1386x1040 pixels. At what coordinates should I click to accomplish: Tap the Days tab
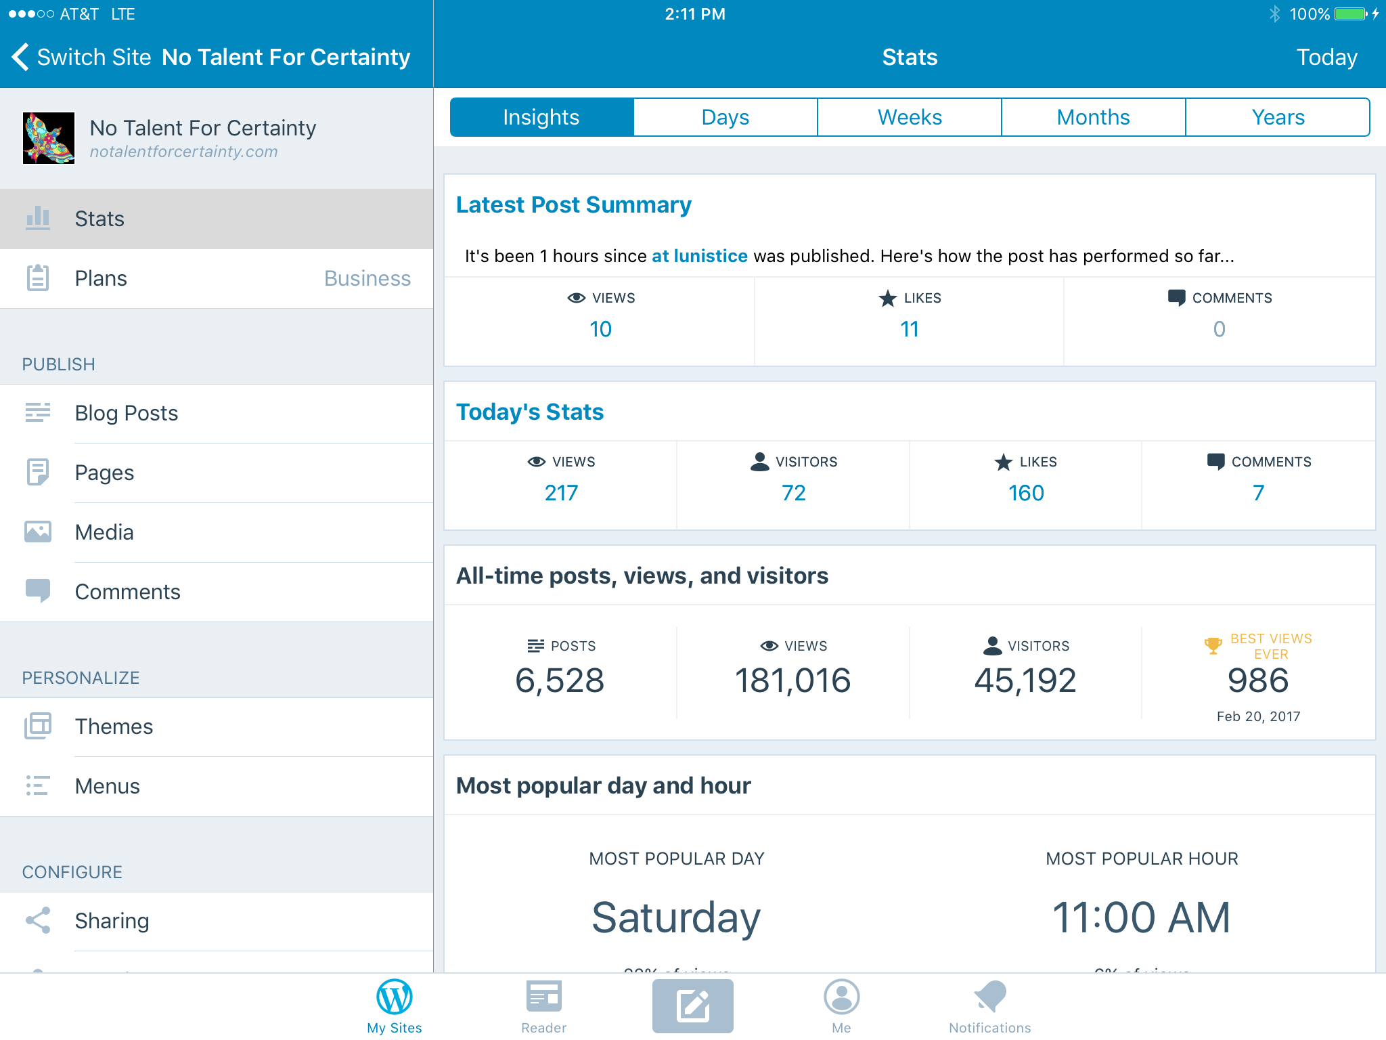pos(725,117)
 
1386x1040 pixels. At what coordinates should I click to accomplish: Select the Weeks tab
pos(910,117)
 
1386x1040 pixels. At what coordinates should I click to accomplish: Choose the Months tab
pos(1094,117)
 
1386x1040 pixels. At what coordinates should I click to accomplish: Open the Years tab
pos(1278,117)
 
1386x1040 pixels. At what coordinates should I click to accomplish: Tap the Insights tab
pos(541,117)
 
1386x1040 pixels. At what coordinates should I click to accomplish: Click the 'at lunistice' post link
pos(700,256)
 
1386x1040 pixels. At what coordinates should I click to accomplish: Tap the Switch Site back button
pos(81,57)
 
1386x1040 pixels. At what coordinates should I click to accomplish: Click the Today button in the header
pos(1326,57)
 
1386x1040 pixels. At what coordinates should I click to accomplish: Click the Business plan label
pos(367,278)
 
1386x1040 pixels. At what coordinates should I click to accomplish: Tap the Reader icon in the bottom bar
pos(544,996)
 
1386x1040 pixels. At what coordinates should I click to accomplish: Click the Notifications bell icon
pos(990,997)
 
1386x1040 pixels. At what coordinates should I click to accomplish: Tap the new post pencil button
pos(693,1006)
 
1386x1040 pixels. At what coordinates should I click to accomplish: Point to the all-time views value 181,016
pos(792,680)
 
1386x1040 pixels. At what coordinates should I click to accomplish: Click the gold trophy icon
pos(1213,646)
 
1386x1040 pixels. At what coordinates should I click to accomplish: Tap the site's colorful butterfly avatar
pos(49,138)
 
